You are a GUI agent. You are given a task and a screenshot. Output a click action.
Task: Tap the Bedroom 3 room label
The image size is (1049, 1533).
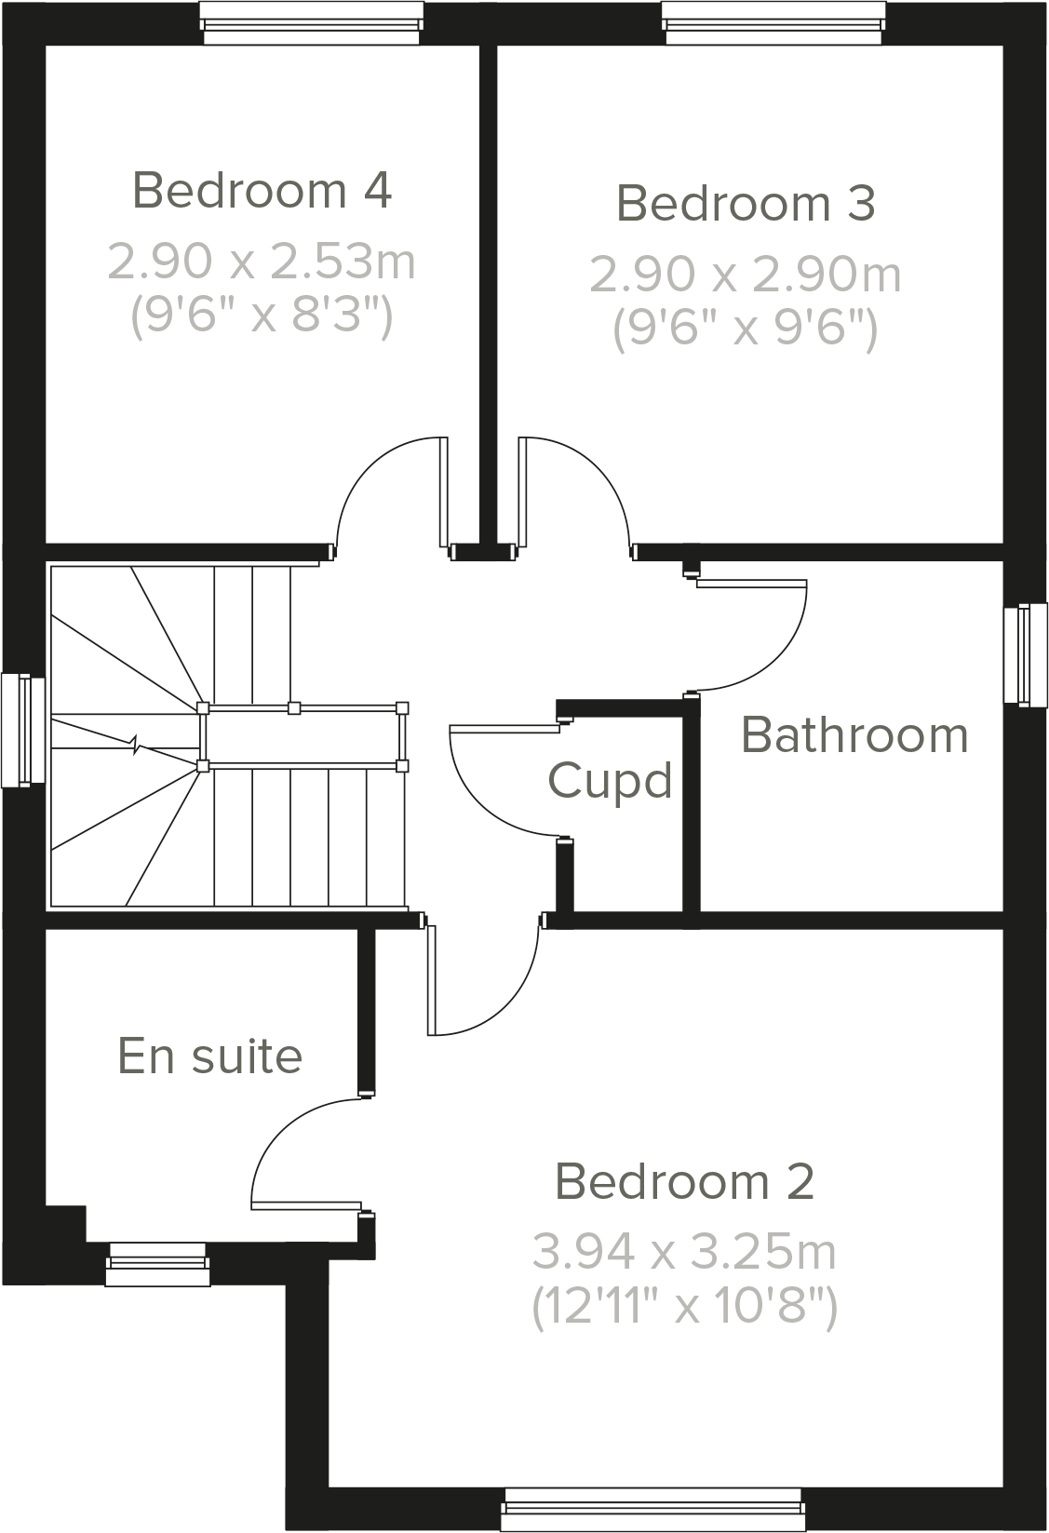pos(746,203)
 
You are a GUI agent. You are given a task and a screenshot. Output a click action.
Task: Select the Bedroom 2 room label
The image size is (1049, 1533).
pos(684,1181)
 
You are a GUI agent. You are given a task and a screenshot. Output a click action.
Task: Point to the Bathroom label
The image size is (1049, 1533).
pos(854,734)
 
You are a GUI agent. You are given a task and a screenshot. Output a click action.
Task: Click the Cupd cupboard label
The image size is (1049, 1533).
pos(610,780)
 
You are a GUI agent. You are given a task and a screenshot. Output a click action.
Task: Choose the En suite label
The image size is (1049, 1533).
pos(209,1056)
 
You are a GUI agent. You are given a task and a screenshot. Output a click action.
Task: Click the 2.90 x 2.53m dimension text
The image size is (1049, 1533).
pos(262,262)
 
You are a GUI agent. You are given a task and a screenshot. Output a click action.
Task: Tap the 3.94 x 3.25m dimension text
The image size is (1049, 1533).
pos(684,1252)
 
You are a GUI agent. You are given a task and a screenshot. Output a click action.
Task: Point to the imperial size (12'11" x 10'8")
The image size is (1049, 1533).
pos(684,1307)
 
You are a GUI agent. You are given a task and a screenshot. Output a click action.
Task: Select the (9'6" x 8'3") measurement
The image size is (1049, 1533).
pos(262,316)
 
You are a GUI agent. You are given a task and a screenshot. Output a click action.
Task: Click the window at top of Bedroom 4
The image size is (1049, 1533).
pos(313,22)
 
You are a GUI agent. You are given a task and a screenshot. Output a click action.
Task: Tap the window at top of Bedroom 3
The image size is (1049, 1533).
pos(773,22)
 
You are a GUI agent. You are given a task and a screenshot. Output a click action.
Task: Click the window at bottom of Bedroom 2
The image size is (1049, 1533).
pos(652,1509)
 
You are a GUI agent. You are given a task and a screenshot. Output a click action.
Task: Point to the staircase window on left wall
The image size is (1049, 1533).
pos(23,730)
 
